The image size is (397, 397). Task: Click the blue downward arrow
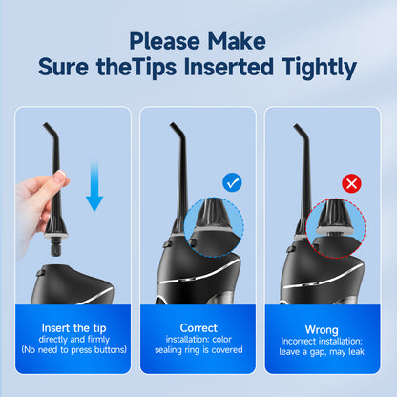click(93, 185)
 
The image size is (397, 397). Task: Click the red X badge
click(351, 182)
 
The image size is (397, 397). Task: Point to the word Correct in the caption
click(198, 327)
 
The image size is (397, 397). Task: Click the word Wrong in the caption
click(323, 327)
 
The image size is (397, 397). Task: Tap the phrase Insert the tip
click(73, 327)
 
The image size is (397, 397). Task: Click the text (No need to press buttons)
click(73, 350)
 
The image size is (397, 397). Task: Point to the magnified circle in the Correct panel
click(216, 228)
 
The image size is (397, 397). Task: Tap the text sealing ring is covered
click(198, 350)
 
